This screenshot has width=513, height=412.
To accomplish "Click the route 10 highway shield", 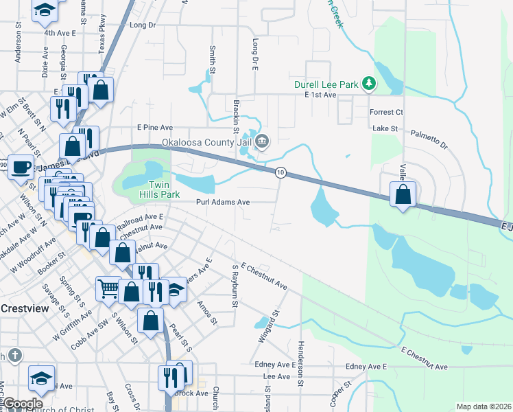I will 281,172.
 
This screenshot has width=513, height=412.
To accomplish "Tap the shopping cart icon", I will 108,288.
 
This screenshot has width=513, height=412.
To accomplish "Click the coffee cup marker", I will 21,166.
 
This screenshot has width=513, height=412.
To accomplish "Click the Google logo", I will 22,404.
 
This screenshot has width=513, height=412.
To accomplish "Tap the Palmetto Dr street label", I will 429,140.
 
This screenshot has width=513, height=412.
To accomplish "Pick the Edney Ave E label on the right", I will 367,367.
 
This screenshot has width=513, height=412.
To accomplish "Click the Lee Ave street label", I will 277,377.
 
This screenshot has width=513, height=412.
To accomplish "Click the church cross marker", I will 16,355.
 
